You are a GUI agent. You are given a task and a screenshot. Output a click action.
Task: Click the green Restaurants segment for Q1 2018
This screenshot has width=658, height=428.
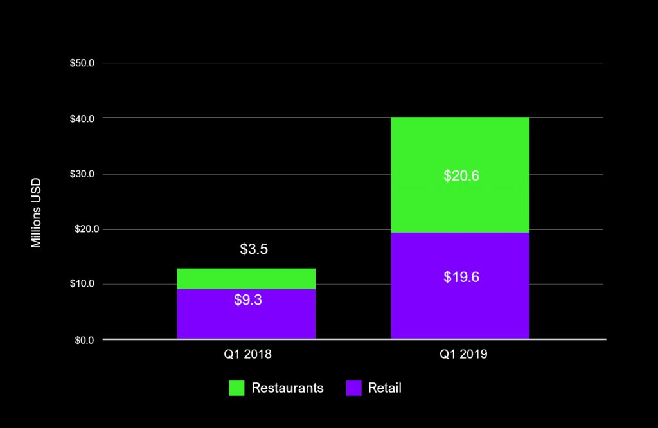[x=246, y=278]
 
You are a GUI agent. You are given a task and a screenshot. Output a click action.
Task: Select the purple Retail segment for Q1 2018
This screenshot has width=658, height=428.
[x=246, y=318]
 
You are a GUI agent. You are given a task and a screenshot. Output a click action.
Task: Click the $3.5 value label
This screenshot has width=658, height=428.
[x=254, y=249]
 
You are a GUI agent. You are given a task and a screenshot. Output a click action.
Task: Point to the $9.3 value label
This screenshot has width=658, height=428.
[x=248, y=299]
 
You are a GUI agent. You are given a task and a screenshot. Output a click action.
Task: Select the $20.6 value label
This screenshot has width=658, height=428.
[x=461, y=175]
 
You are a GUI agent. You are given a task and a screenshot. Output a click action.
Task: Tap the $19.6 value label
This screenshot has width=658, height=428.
[x=461, y=277]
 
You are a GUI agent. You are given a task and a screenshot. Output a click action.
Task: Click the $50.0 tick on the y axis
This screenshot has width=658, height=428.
[x=82, y=64]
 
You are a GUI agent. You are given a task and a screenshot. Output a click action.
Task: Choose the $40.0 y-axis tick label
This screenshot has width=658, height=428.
[x=82, y=119]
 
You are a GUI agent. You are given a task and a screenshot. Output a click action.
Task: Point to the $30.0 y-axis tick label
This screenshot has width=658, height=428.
[x=82, y=174]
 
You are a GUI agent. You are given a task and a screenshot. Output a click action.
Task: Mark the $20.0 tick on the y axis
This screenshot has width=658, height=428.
[x=82, y=229]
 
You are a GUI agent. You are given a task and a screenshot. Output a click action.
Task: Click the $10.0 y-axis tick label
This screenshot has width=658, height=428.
[x=82, y=284]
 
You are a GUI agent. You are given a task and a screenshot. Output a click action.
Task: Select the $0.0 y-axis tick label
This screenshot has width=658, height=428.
[x=84, y=340]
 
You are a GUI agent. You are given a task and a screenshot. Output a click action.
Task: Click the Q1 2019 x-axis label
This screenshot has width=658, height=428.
[x=460, y=354]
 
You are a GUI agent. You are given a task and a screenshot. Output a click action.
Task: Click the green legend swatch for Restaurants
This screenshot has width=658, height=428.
[x=237, y=388]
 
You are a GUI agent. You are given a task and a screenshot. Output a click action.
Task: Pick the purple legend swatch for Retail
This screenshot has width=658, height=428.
[x=354, y=388]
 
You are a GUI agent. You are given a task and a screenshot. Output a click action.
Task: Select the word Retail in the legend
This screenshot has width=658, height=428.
[x=385, y=388]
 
